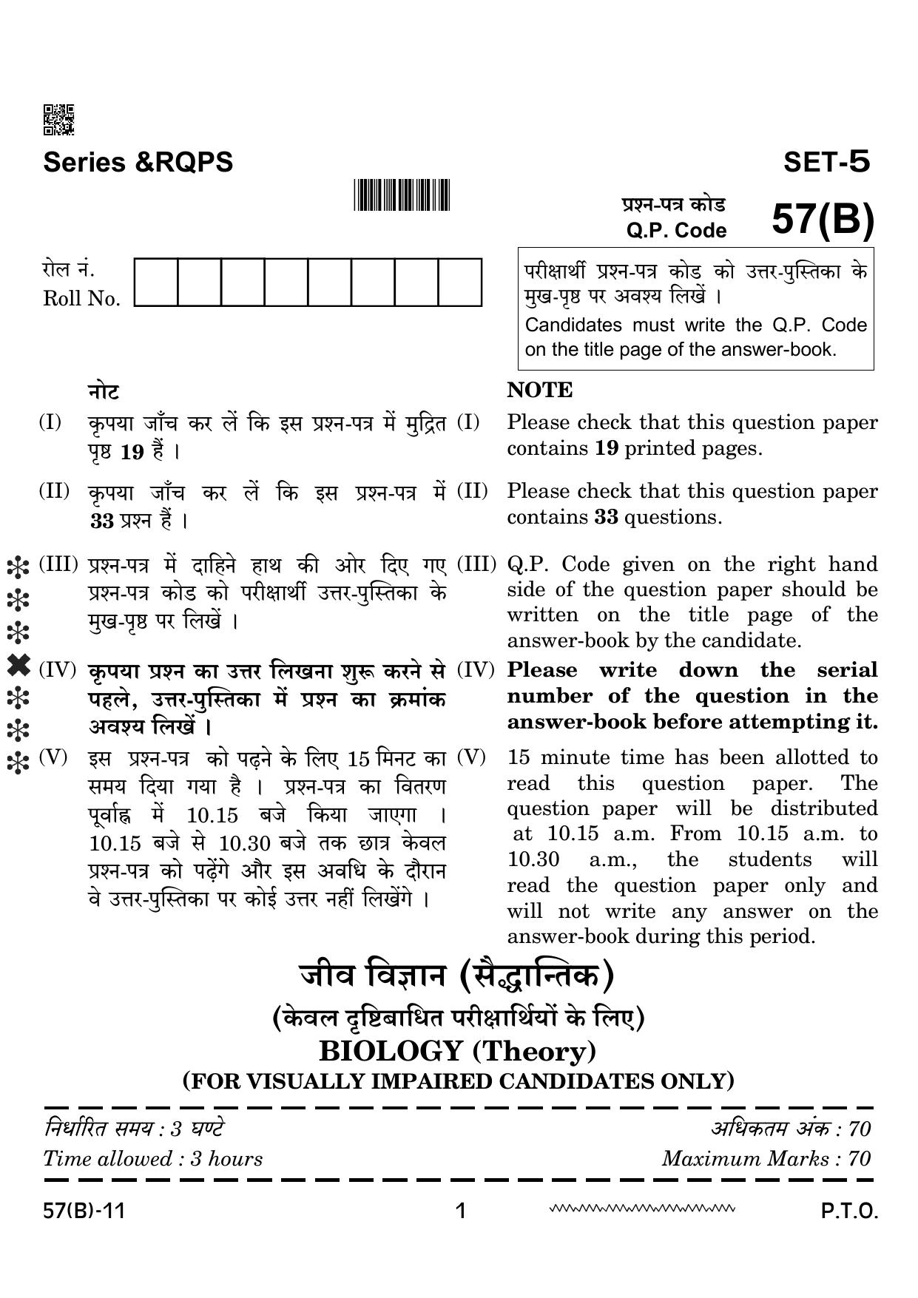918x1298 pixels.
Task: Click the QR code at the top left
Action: click(58, 121)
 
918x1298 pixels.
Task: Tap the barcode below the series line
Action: click(402, 195)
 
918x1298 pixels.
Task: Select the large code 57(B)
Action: click(822, 220)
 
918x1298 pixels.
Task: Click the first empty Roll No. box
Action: click(156, 282)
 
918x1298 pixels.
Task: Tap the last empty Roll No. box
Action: click(459, 282)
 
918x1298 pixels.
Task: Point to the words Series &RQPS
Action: click(138, 162)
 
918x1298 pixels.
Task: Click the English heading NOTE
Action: click(540, 390)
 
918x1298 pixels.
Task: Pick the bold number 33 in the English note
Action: click(606, 518)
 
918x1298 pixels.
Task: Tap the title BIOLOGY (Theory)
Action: click(457, 1050)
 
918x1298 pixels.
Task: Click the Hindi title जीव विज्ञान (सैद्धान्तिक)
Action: click(457, 976)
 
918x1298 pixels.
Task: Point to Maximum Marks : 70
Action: click(766, 1158)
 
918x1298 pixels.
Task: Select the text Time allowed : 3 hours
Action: click(153, 1158)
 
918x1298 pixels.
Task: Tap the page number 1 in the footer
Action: click(461, 1211)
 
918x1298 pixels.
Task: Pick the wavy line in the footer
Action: click(641, 1209)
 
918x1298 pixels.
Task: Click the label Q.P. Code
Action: click(676, 231)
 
